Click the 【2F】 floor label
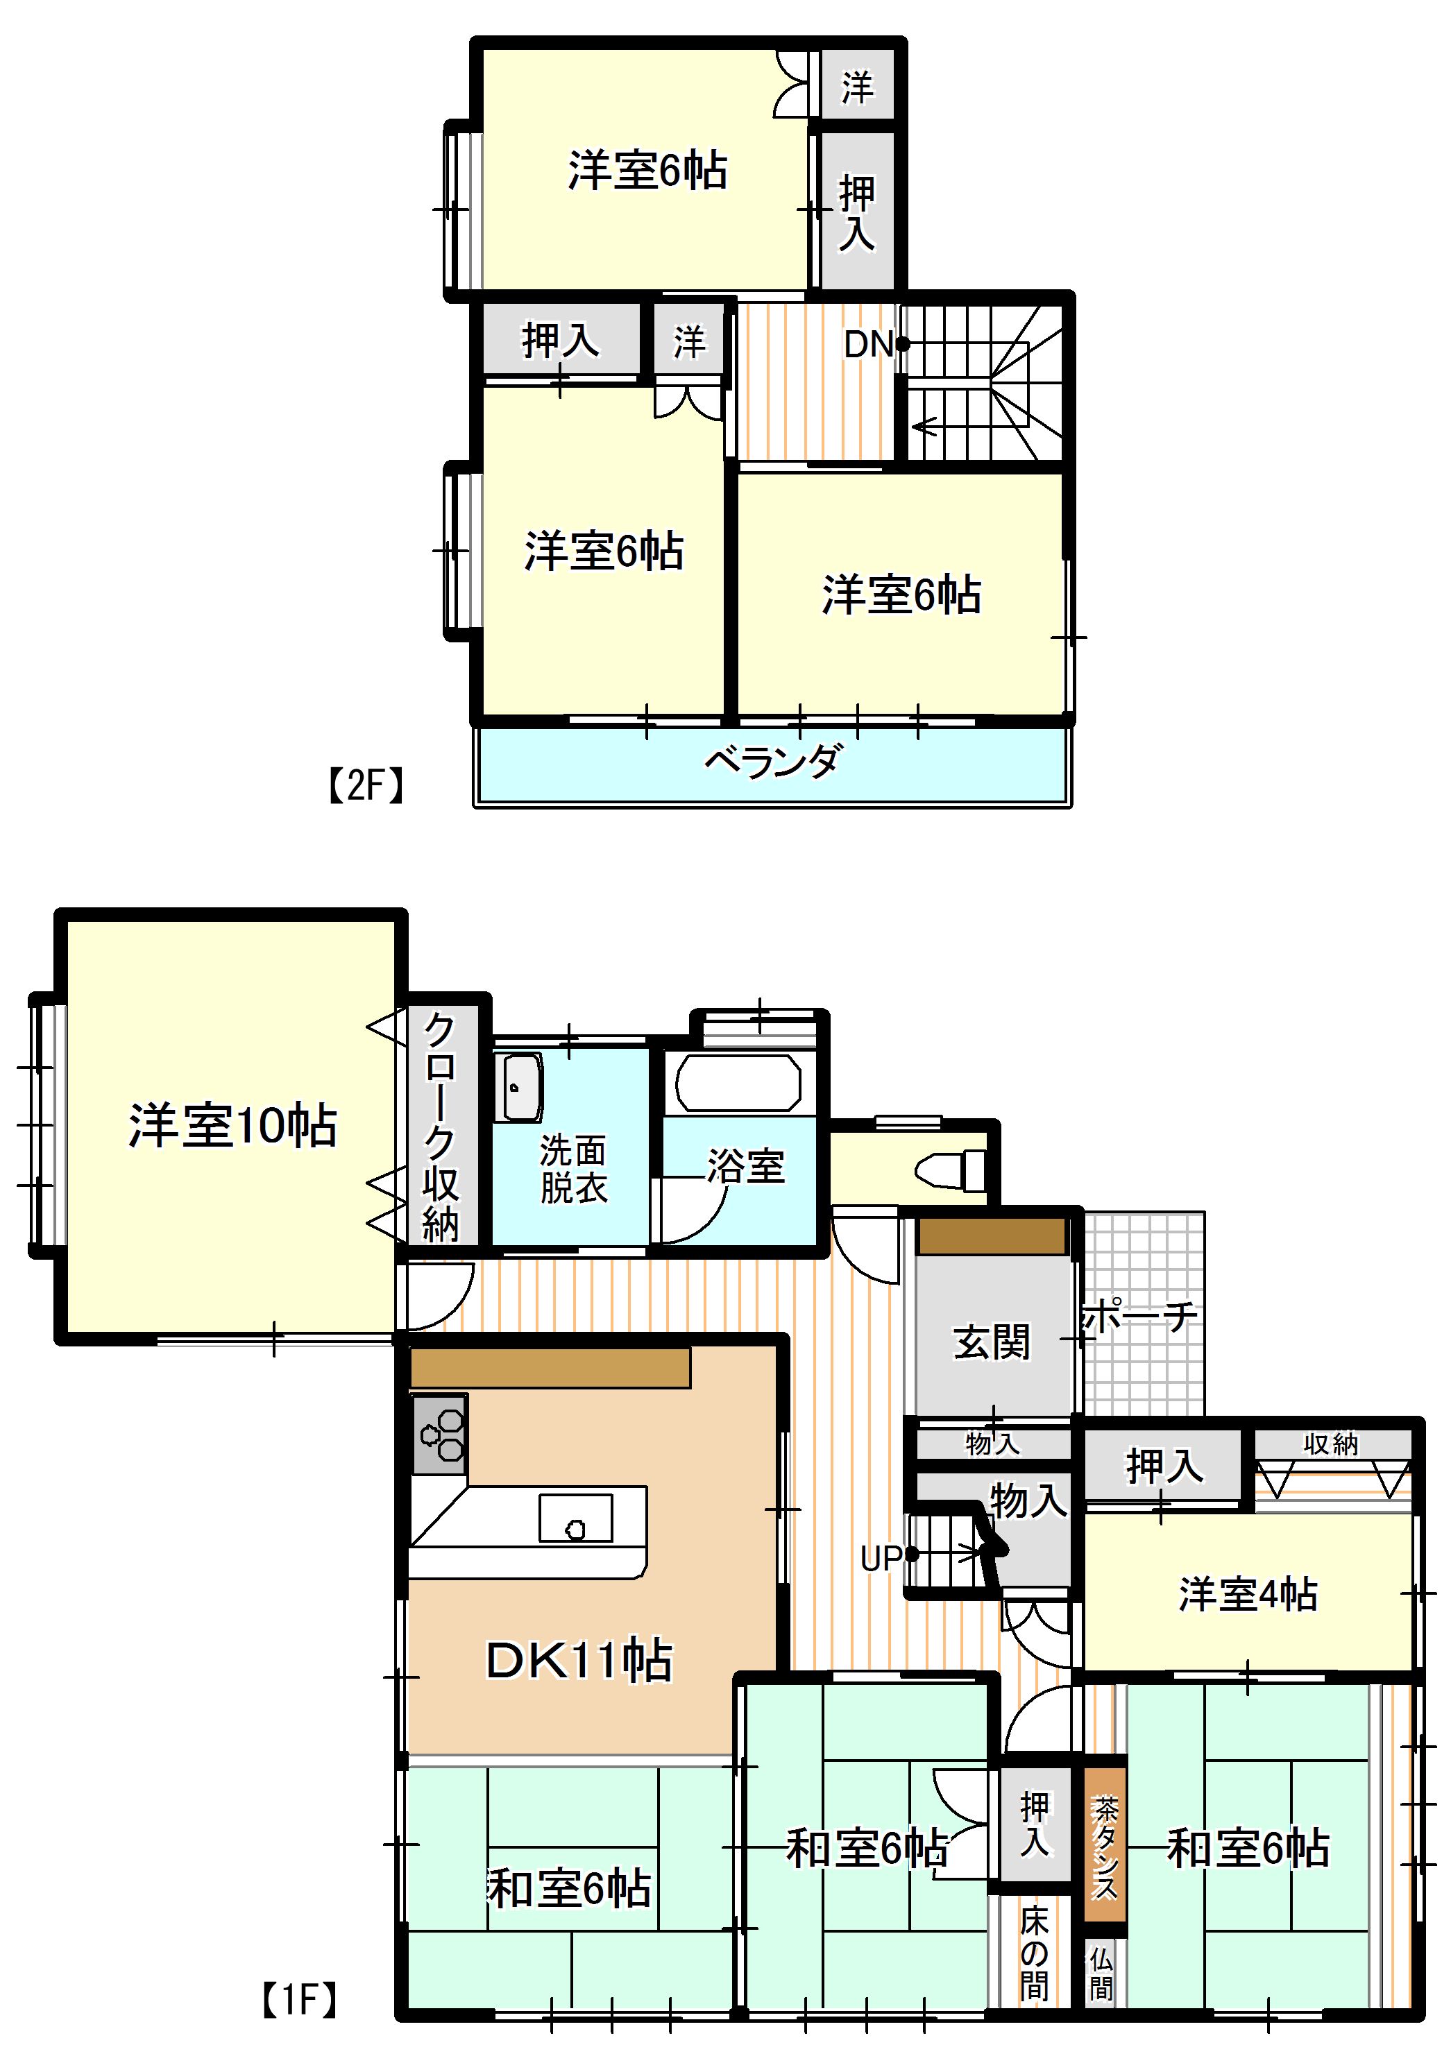[364, 785]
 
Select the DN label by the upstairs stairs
[868, 344]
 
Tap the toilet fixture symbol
[950, 1171]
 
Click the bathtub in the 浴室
[738, 1084]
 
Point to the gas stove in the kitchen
[440, 1435]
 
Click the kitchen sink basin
[575, 1519]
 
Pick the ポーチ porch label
[1140, 1317]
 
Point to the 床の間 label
[1035, 1954]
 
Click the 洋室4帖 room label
[1248, 1595]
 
